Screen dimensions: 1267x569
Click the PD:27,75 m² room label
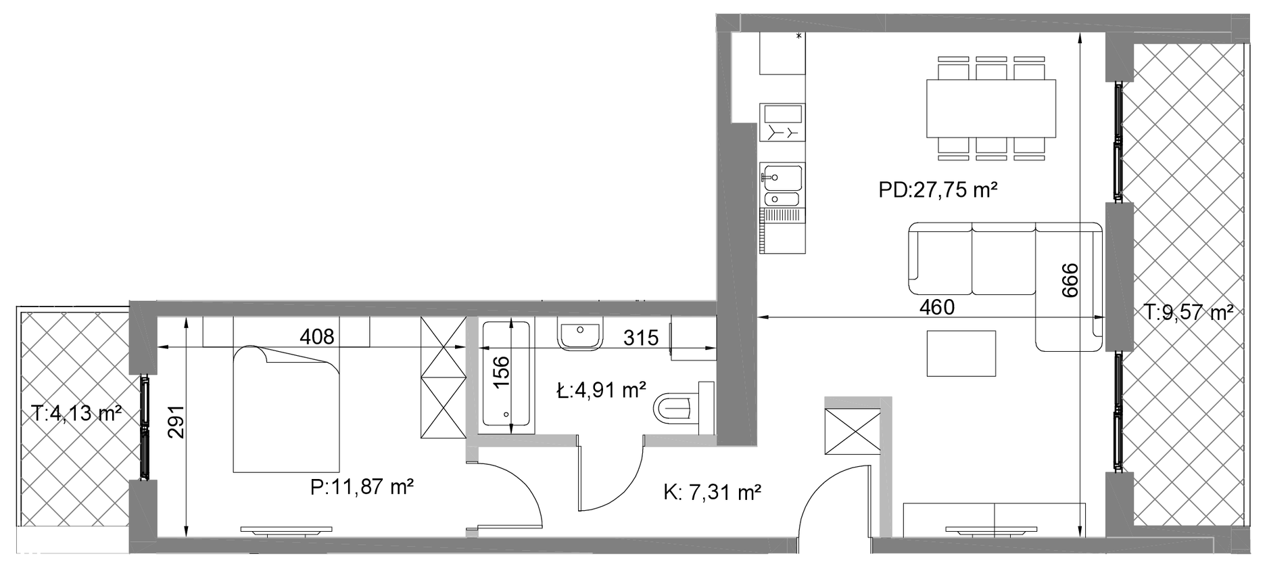[x=938, y=190]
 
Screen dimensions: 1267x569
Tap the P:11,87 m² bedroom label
[x=362, y=486]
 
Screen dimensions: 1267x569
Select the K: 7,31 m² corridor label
[x=713, y=493]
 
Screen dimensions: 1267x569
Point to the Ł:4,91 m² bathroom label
[x=601, y=390]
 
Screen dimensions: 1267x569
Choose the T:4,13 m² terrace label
[x=76, y=412]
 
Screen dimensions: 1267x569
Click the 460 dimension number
[x=937, y=307]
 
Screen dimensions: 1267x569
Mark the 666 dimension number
[x=1070, y=279]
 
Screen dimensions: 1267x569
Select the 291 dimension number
[x=175, y=422]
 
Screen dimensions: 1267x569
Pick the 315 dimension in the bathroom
[x=640, y=337]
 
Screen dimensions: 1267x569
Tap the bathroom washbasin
[x=580, y=336]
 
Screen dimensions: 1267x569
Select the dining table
[x=990, y=108]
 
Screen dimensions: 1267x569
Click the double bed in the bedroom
[x=286, y=409]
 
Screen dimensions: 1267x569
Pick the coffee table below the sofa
[x=961, y=353]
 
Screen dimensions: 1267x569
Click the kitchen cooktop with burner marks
[x=782, y=122]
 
